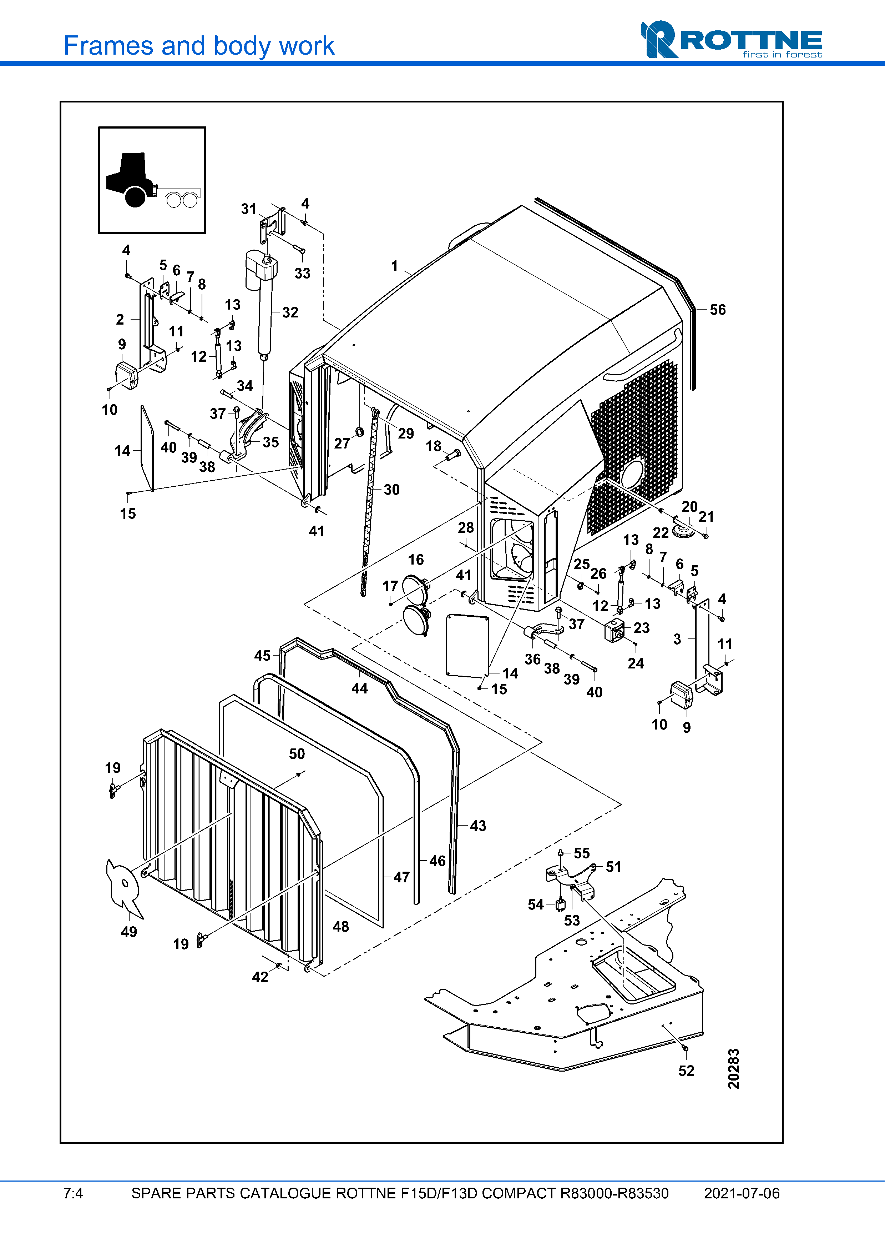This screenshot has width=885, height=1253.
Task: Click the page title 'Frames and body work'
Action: coord(199,46)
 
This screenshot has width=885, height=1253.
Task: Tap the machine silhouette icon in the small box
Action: coord(152,180)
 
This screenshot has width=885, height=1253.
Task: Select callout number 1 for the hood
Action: coord(394,266)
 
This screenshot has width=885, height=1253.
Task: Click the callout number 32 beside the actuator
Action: coord(290,313)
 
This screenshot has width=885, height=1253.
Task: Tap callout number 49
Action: coord(129,932)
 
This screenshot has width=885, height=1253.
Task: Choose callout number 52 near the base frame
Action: coord(686,1071)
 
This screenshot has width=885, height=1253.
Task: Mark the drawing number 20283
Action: coord(733,1068)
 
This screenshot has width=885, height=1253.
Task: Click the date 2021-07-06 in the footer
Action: coord(741,1193)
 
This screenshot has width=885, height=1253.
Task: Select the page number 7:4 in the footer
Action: coord(73,1193)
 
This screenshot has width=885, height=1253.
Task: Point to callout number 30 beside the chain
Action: coord(391,490)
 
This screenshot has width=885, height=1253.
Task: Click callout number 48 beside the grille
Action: coord(341,926)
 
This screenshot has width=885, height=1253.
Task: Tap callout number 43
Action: coord(478,826)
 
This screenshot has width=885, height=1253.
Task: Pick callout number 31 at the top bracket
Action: coord(249,209)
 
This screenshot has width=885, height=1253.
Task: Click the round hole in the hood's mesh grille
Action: coord(631,474)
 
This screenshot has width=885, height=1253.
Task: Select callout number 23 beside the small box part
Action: coord(641,628)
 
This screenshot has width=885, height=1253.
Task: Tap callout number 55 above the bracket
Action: coord(581,853)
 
